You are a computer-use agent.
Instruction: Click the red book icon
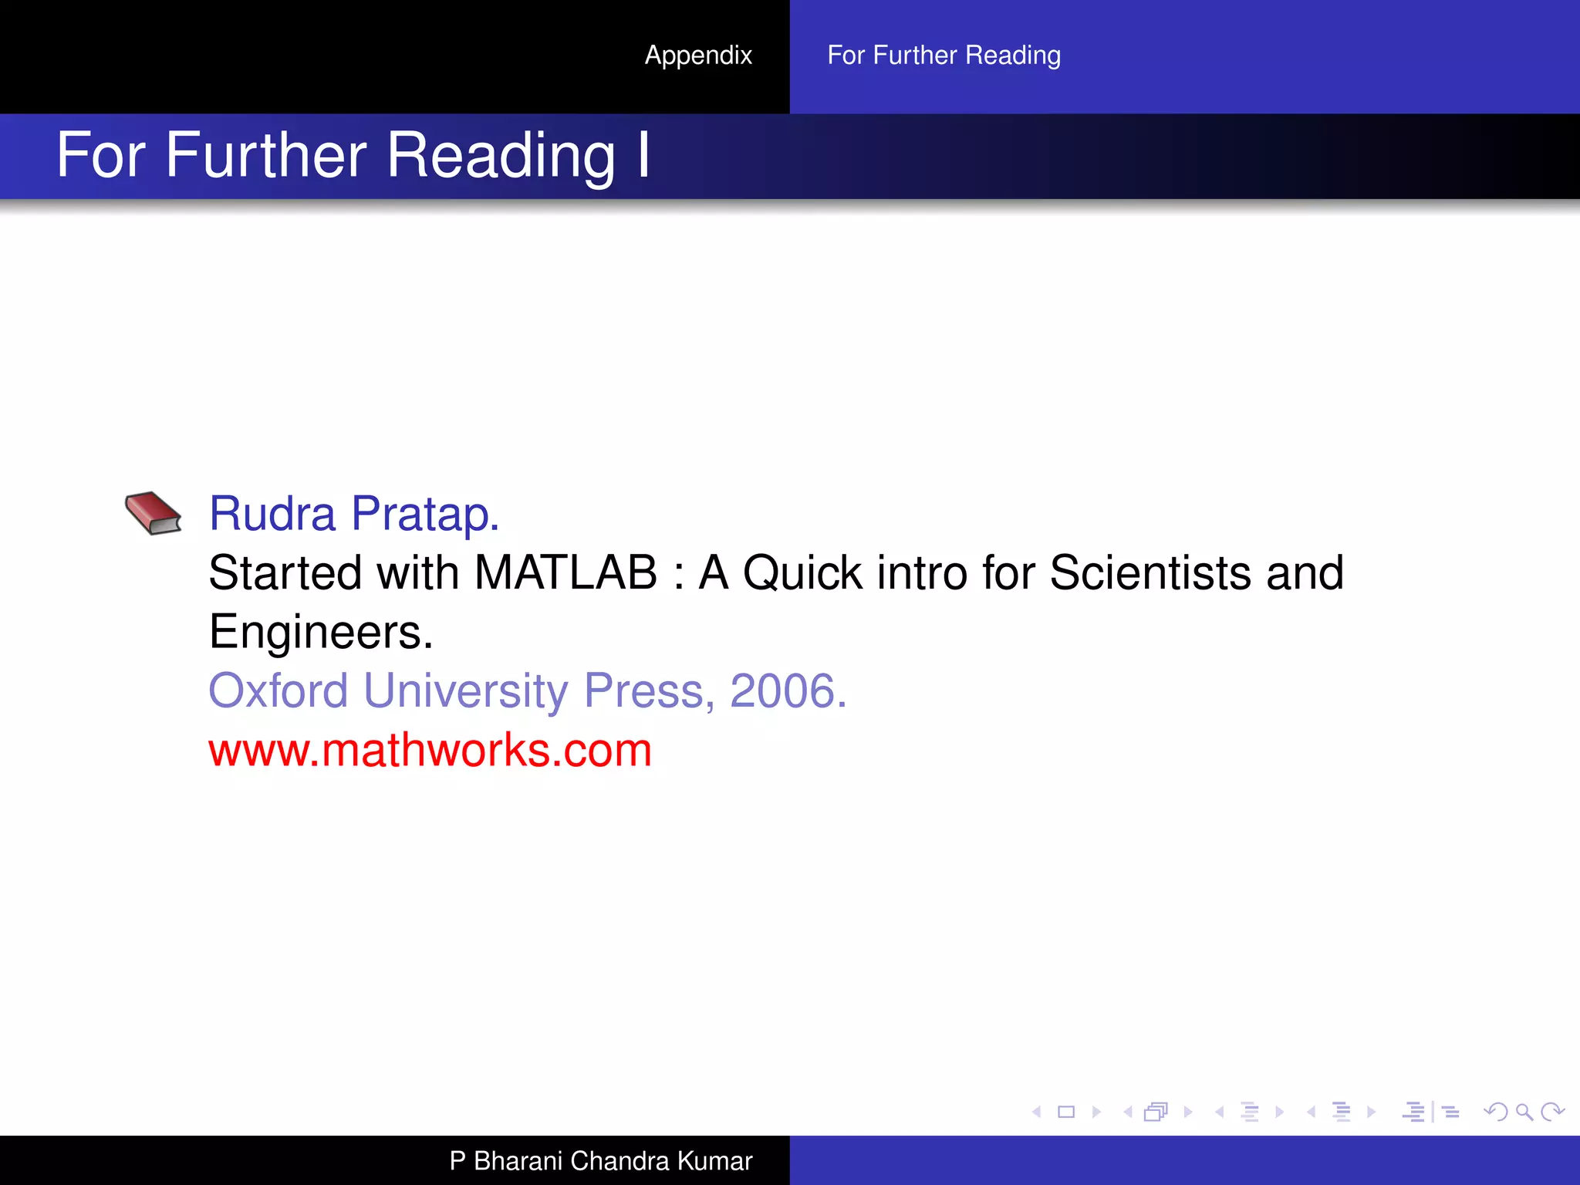point(153,513)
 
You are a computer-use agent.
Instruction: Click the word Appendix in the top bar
point(698,56)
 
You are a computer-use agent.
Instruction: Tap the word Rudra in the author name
point(272,514)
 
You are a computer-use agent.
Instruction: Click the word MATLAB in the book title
point(565,573)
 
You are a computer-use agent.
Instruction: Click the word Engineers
point(321,633)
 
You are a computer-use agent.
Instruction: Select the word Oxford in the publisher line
point(279,690)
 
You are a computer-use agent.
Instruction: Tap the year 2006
point(788,690)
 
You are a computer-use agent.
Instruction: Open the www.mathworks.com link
point(430,750)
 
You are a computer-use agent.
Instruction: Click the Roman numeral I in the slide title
point(643,155)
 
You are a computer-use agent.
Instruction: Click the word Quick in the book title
point(802,573)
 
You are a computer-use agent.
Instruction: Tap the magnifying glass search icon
point(1524,1112)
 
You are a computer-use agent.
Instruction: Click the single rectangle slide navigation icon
point(1066,1112)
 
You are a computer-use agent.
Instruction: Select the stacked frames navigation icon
point(1156,1112)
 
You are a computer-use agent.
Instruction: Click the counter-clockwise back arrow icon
point(1495,1112)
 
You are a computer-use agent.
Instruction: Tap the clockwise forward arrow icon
point(1552,1112)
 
